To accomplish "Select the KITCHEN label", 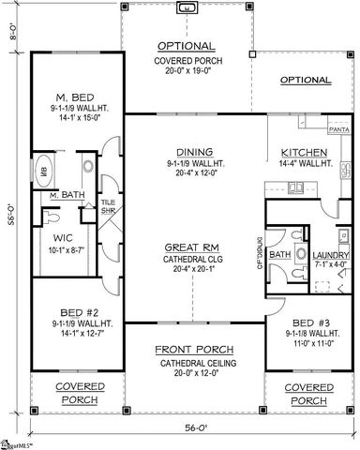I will (x=303, y=152).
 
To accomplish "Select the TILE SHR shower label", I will (x=109, y=206).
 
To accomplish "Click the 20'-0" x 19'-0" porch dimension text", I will (x=188, y=70).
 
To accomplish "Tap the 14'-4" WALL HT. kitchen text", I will (x=302, y=163).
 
